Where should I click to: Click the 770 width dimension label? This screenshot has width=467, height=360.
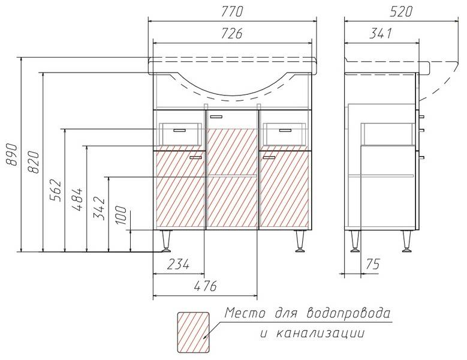(233, 11)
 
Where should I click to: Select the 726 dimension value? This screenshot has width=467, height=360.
(232, 34)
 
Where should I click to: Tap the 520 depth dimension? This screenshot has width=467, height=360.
(401, 11)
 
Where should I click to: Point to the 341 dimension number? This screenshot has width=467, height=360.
(381, 34)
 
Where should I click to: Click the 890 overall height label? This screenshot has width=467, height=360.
(12, 154)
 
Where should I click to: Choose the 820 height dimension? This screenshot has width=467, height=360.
(34, 162)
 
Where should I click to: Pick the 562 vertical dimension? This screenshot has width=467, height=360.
(56, 190)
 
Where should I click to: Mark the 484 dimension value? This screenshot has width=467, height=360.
(77, 199)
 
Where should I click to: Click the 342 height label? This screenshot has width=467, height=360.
(100, 209)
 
